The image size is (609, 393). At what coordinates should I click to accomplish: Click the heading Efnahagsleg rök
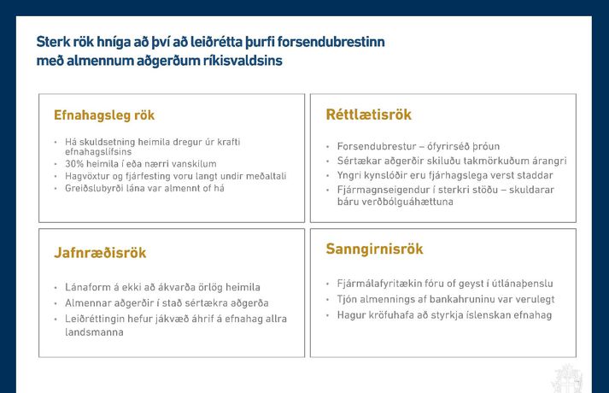click(x=104, y=115)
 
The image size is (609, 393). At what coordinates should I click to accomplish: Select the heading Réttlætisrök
click(x=369, y=115)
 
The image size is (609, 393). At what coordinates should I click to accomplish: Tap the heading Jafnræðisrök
click(x=101, y=253)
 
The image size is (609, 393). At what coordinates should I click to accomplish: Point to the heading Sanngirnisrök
click(x=374, y=249)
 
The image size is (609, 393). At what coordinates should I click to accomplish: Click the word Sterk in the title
click(x=53, y=42)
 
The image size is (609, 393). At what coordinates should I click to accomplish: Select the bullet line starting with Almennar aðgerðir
click(x=167, y=303)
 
